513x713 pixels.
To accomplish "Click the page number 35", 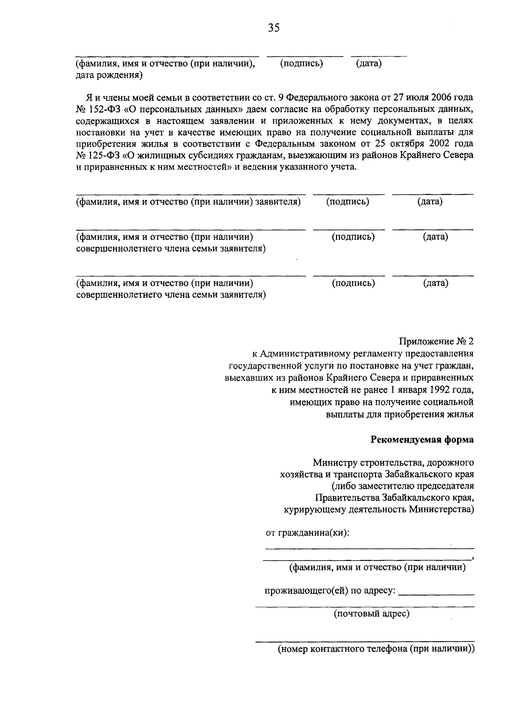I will [x=273, y=28].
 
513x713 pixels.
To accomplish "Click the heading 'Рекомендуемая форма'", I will [x=422, y=440].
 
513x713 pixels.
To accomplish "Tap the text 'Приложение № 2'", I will [x=436, y=341].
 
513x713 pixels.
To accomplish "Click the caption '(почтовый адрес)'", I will [x=371, y=614].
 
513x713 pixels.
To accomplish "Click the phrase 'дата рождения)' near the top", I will [x=109, y=76].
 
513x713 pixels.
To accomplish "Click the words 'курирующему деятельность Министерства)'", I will [x=379, y=509].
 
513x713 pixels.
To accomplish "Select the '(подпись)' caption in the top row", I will [x=301, y=64].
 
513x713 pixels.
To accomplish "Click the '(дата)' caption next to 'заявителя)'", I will [x=430, y=202].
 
